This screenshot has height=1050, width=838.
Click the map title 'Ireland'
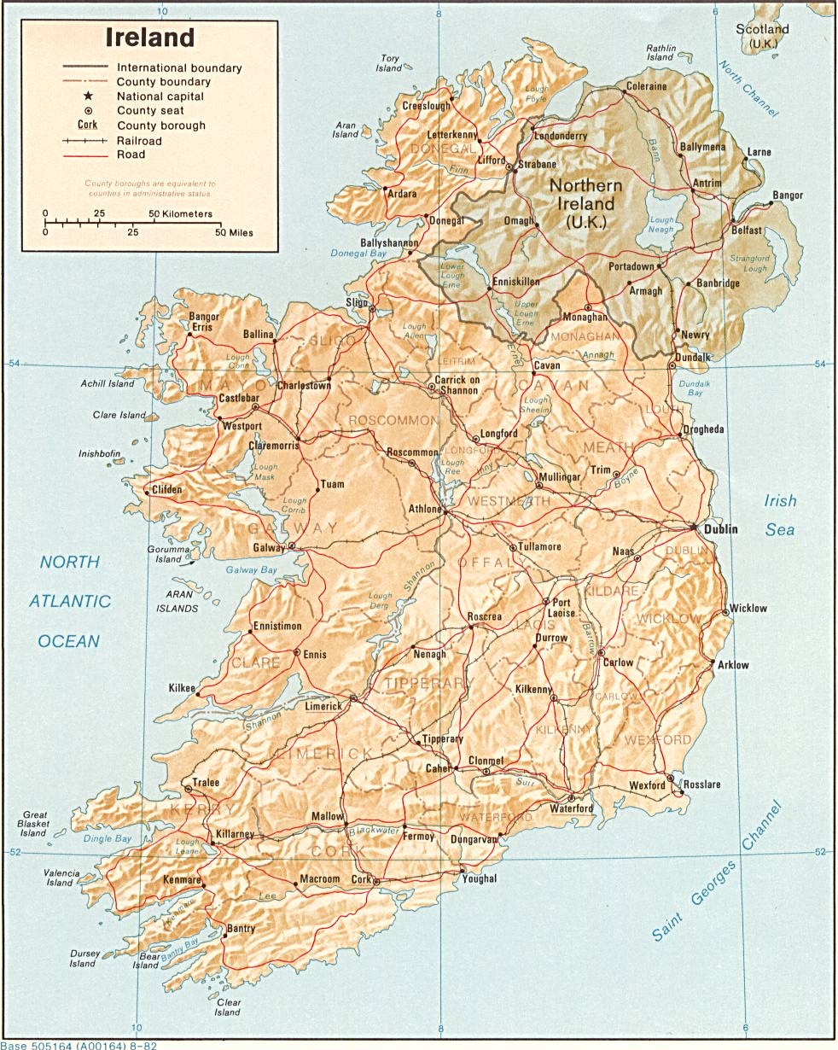150,38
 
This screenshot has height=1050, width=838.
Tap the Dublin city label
721,529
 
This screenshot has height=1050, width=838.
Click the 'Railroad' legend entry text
139,140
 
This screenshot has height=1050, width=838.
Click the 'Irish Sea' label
779,516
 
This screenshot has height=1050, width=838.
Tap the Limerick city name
324,706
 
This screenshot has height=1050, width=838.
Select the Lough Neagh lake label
661,225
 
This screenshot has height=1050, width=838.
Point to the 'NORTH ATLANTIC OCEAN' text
70,601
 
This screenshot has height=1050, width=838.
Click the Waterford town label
571,808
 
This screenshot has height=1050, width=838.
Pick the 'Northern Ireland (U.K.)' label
585,204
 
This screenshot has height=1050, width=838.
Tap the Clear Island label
227,1007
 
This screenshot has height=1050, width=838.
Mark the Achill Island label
108,384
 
